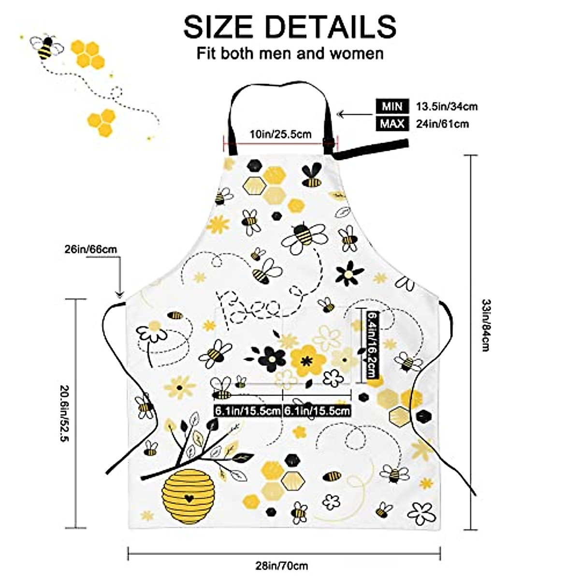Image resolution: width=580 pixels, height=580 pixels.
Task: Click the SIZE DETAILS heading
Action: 290,27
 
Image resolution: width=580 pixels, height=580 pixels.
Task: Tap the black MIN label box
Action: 391,106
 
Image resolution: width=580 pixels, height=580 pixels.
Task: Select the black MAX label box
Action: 391,124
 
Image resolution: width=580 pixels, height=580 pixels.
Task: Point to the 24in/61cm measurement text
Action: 442,124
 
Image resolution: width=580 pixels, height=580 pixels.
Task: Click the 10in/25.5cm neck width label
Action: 280,134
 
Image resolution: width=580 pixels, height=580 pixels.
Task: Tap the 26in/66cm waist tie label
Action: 90,249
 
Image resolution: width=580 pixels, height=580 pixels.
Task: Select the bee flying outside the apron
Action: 47,47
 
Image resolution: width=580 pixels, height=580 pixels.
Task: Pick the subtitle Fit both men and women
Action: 290,53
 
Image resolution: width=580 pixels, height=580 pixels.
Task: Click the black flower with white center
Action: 349,274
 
